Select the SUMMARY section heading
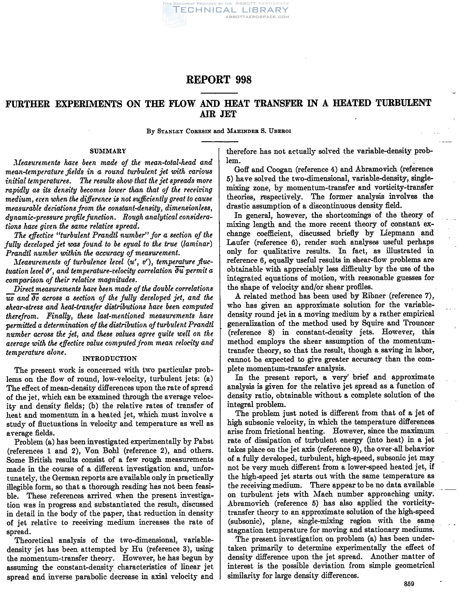tap(108, 151)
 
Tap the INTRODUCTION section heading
tap(110, 358)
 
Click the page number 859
tap(409, 584)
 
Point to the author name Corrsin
tap(197, 131)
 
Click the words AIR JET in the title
tap(218, 114)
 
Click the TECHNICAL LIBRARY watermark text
tap(230, 10)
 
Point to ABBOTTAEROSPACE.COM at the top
tap(257, 17)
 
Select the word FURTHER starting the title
tap(28, 103)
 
